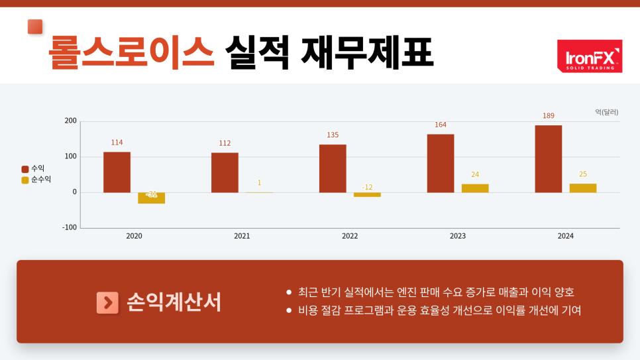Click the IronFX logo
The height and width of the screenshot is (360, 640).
click(x=589, y=56)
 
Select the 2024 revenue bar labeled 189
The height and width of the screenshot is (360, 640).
click(x=548, y=158)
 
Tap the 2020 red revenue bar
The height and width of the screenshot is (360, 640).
click(x=117, y=172)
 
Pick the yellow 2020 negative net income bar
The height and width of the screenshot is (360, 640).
click(x=151, y=198)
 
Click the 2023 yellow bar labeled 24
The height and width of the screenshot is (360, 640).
click(x=475, y=188)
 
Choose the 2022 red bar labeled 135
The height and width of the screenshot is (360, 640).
click(x=333, y=168)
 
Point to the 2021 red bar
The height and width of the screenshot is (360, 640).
click(x=225, y=172)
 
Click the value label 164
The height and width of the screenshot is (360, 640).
click(x=441, y=125)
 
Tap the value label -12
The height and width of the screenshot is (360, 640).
click(x=367, y=187)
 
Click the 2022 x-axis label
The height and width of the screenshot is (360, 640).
click(x=350, y=236)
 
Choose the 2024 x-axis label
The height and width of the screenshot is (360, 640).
click(x=566, y=236)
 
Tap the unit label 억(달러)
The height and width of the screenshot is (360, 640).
click(x=606, y=112)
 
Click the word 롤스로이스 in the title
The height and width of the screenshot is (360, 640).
click(x=131, y=52)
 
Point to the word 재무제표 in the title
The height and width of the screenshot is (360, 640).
click(x=367, y=52)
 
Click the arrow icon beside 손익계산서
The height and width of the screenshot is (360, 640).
click(x=107, y=302)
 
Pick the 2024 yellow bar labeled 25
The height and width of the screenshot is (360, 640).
click(x=583, y=188)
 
